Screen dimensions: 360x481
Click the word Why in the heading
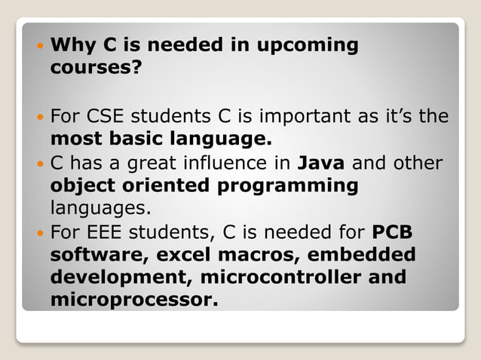[x=75, y=45]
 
